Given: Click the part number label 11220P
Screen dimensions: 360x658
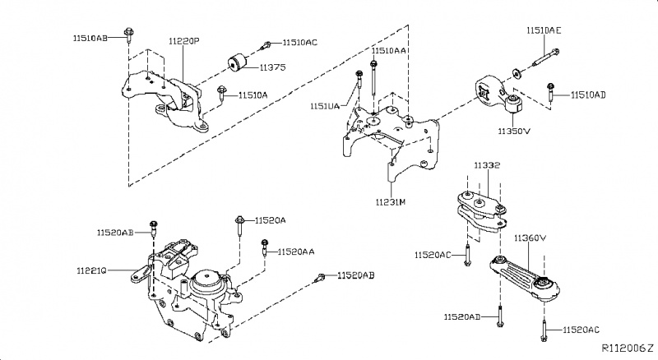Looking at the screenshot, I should pos(184,40).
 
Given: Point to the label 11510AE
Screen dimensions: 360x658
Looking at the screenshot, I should pos(544,30).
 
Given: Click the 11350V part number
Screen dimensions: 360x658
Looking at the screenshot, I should pos(512,130).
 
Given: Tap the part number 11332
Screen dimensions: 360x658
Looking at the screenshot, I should pos(486,166).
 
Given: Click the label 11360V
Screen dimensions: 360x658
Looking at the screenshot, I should pos(531,238).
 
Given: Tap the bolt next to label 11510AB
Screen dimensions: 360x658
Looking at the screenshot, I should pos(130,35).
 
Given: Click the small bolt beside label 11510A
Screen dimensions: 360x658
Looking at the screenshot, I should pos(221,95).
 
